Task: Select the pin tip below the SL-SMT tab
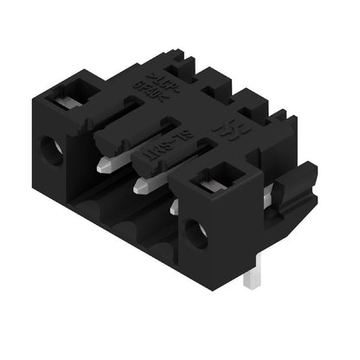(x=138, y=184)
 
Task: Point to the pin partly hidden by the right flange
(x=175, y=206)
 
